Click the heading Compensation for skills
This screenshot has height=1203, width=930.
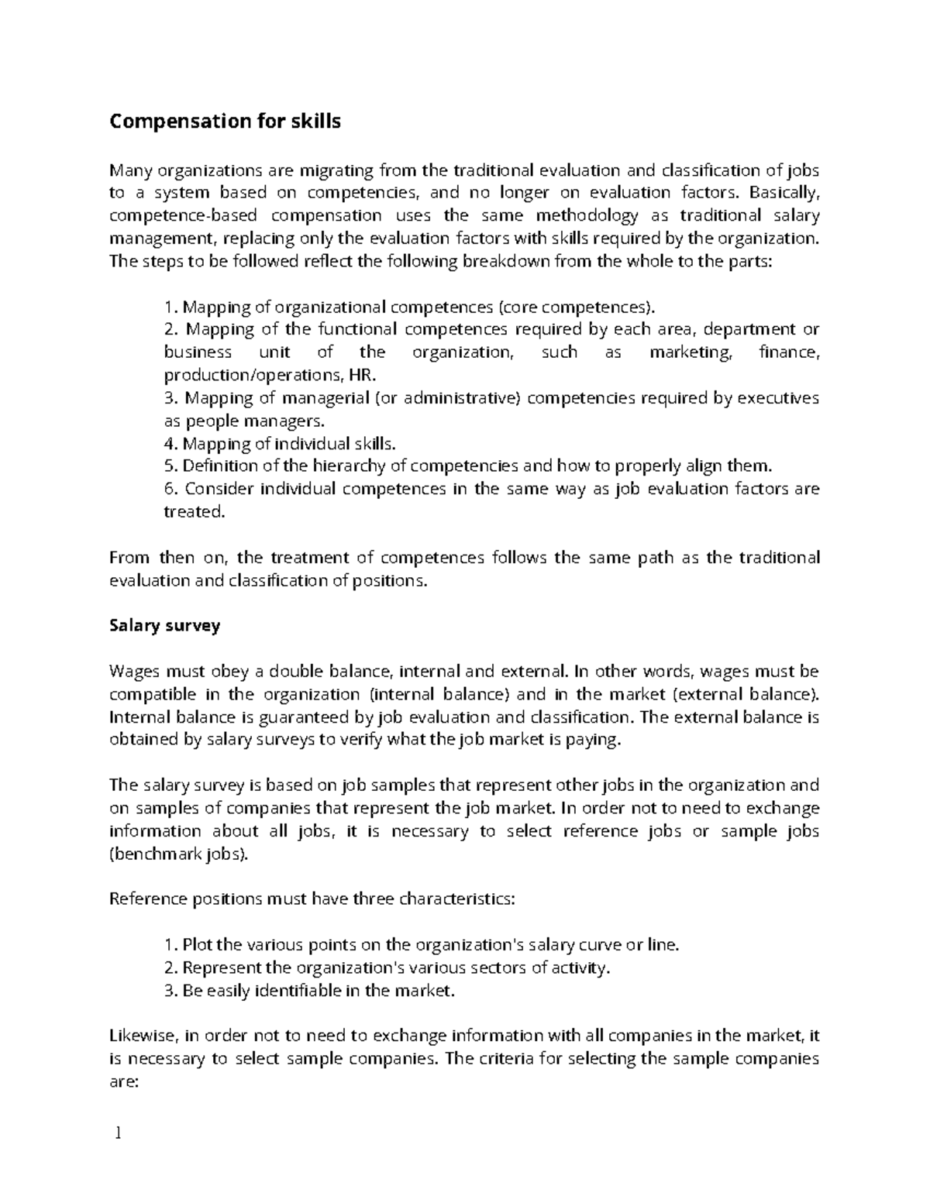tap(225, 122)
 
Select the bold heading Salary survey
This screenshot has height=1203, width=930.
tap(164, 625)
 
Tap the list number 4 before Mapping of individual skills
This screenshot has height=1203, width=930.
tap(170, 444)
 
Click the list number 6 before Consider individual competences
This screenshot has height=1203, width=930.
tap(170, 489)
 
